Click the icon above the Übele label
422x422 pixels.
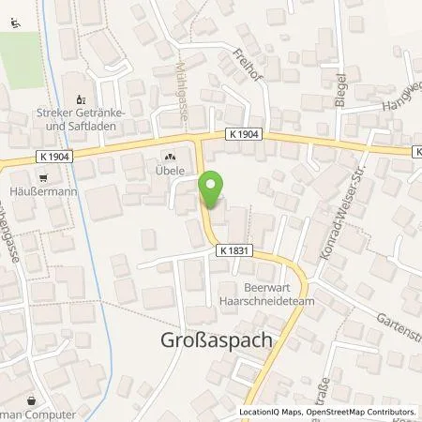pyautogui.click(x=170, y=158)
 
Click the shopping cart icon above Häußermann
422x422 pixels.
pyautogui.click(x=42, y=176)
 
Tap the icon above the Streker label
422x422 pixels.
pyautogui.click(x=80, y=98)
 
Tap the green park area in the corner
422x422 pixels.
pyautogui.click(x=21, y=47)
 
